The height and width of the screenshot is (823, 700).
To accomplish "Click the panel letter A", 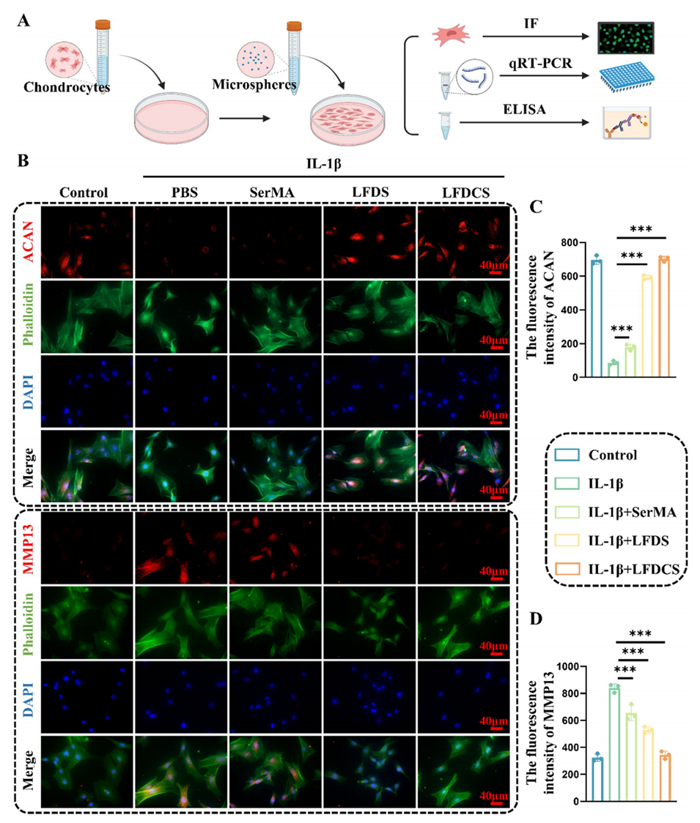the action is tap(23, 21).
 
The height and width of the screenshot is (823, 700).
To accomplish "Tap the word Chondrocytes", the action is tap(67, 86).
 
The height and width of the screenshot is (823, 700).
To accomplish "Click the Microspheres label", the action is tap(254, 84).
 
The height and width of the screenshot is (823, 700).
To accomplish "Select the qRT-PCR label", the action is tap(539, 64).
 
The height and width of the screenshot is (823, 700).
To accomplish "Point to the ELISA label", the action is tap(524, 109).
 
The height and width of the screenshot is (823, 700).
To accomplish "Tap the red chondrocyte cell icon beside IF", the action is tap(451, 35).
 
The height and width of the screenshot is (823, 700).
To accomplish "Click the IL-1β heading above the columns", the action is tap(324, 164).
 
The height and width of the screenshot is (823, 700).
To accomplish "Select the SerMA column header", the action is tap(272, 193).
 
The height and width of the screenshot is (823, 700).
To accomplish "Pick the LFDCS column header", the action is tap(465, 193).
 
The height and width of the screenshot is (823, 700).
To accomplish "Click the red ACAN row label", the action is tap(28, 242).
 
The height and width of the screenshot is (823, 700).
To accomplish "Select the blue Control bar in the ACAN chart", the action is tap(596, 319).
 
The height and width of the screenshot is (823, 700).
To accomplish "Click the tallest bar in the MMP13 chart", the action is tap(614, 745).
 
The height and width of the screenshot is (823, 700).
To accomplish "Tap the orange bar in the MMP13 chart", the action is tap(665, 779).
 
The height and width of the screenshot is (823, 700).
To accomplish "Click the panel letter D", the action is tap(536, 618).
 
